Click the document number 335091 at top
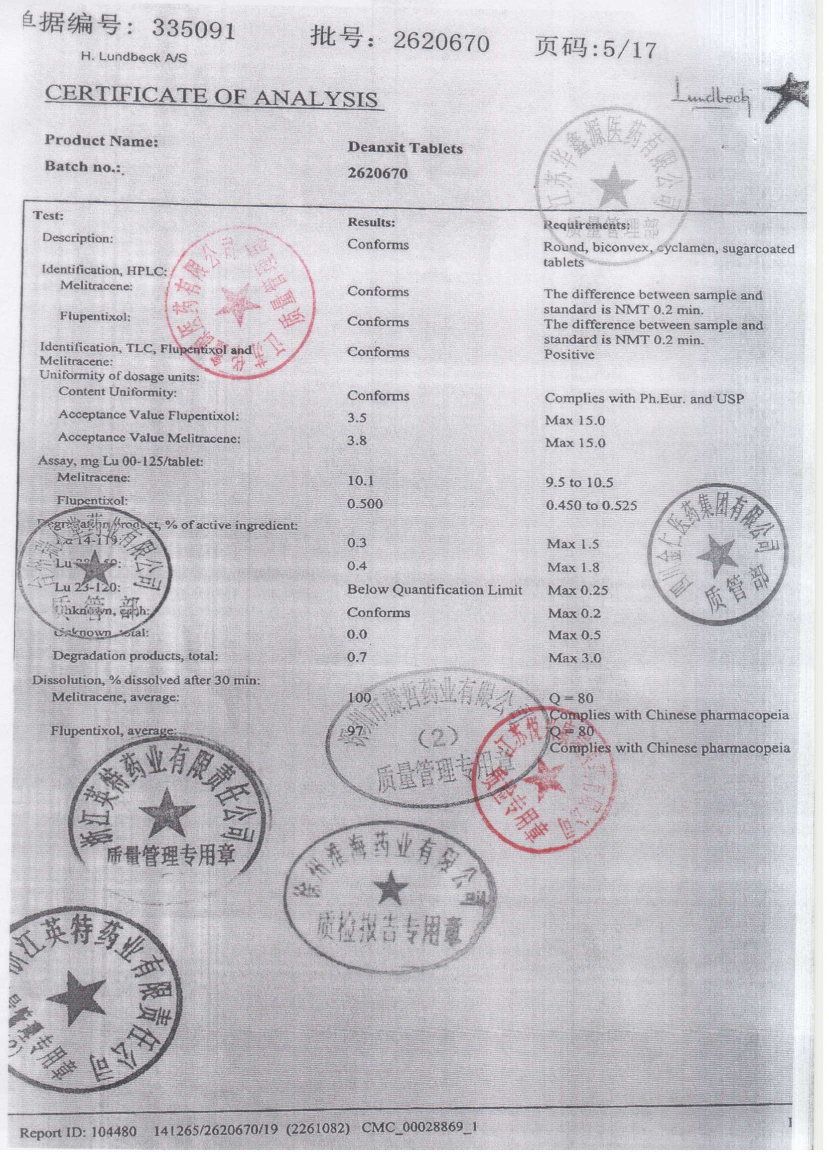point(194,31)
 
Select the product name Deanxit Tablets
point(405,148)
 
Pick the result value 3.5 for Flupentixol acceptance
point(357,418)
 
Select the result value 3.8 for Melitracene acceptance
point(357,440)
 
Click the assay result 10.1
point(360,480)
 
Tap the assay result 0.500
point(365,504)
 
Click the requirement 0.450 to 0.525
point(591,505)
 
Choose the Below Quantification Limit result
point(434,590)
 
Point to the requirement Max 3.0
point(574,658)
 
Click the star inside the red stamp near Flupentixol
point(238,306)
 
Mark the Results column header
point(371,222)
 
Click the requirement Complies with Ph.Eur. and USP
point(644,398)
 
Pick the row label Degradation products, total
point(135,656)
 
